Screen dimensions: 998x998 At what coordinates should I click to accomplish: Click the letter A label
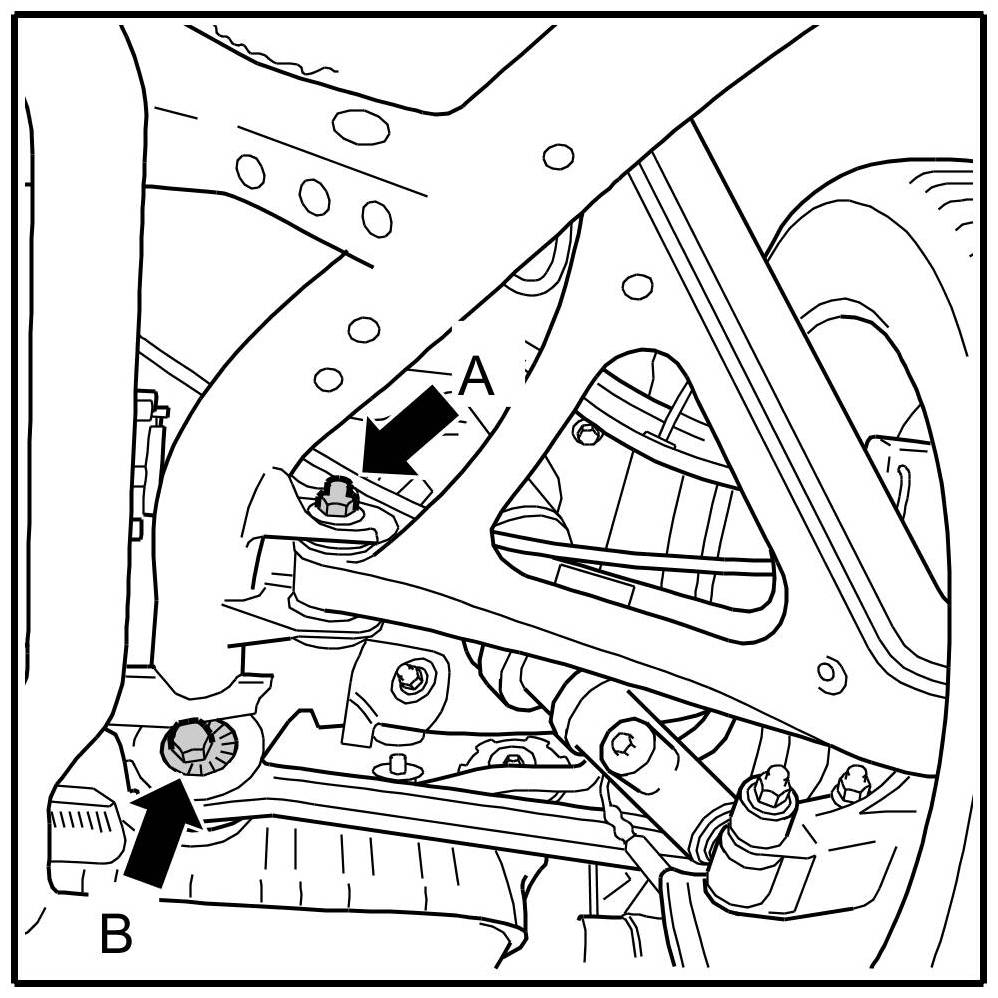(478, 379)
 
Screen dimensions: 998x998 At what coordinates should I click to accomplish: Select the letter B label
(117, 935)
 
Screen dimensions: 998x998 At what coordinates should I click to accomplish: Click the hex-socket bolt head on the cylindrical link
(622, 742)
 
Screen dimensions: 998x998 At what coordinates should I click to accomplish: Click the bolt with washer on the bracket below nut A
(409, 678)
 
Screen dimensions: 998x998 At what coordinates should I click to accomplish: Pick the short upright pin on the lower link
(398, 766)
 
